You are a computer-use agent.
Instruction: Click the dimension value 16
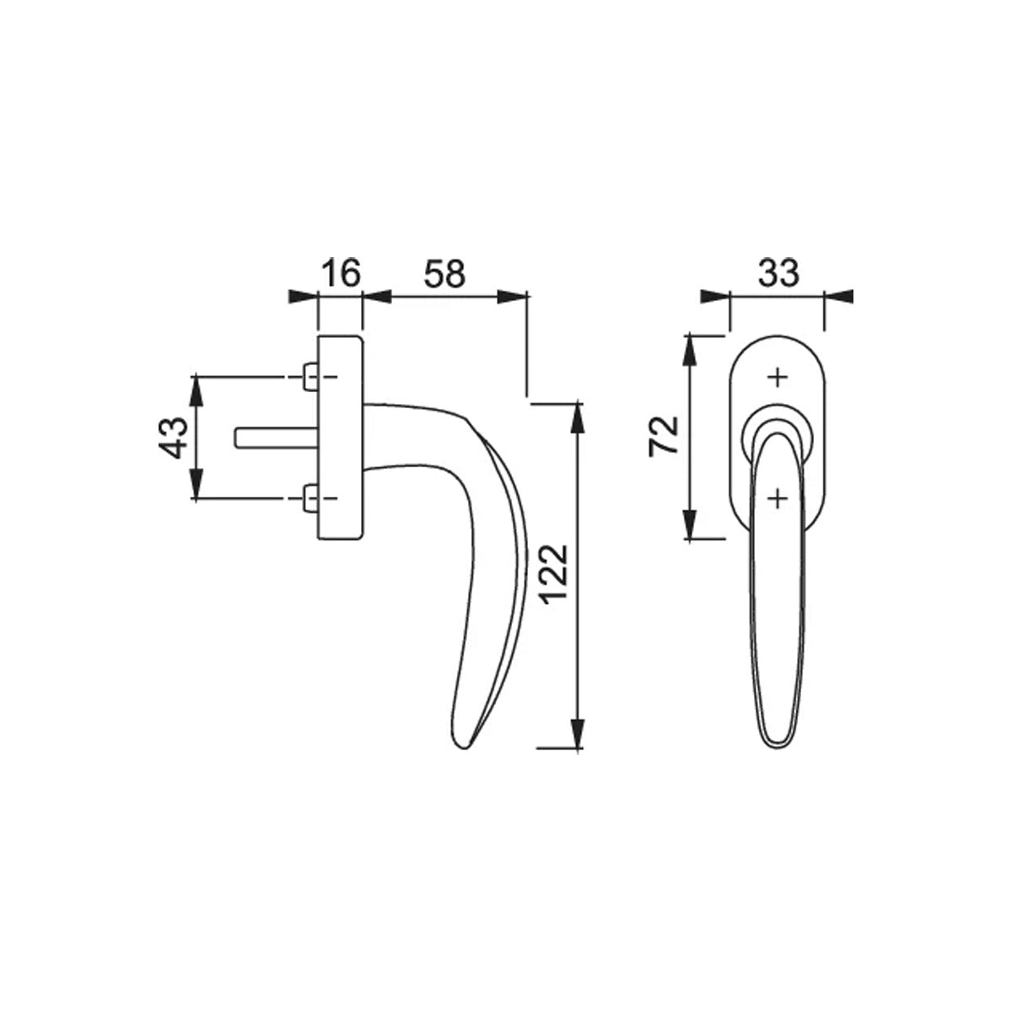pos(342,273)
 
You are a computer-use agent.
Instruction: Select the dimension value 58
pos(444,273)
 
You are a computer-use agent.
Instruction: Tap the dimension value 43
pos(174,438)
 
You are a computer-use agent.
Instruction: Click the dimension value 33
pos(779,273)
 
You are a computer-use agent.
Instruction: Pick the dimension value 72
pos(665,435)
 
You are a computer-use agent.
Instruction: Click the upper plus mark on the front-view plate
pos(778,378)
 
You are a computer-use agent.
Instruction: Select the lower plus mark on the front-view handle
pos(778,498)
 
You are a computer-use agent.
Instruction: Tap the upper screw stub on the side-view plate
pos(310,377)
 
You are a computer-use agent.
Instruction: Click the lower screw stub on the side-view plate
pos(310,498)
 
